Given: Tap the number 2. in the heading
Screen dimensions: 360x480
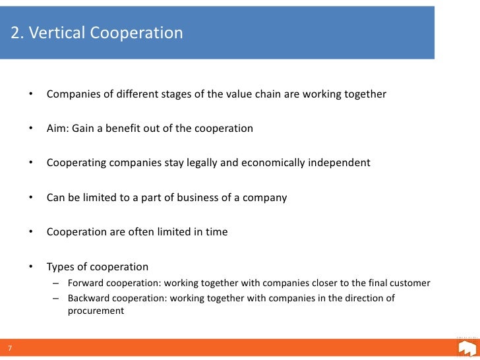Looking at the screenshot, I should (18, 33).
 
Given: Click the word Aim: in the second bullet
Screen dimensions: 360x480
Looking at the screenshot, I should (59, 129).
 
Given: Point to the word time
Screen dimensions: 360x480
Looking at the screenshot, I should (215, 231).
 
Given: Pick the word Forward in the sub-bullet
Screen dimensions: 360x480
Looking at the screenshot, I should (87, 284).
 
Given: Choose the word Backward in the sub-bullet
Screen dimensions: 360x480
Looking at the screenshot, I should (91, 298).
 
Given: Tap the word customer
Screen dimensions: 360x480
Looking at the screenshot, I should (409, 284).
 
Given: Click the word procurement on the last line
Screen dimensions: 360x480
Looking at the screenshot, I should (96, 311).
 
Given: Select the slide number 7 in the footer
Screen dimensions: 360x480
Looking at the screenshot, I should (10, 348).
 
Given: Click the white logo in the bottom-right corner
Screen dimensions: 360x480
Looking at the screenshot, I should (466, 348).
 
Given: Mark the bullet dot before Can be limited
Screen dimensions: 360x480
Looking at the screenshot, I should (30, 198).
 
